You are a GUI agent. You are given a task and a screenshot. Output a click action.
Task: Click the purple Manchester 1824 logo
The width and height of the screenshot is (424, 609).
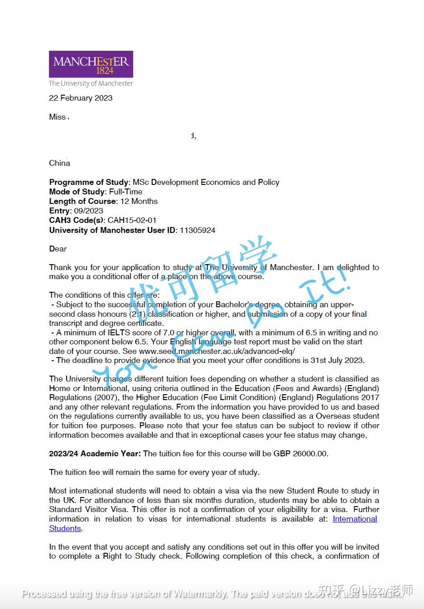coord(91,64)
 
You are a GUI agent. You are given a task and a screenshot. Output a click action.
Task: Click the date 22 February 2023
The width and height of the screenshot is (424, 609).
coord(81,98)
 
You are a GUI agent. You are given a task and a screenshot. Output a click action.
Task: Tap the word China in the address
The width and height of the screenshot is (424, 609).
coord(59,163)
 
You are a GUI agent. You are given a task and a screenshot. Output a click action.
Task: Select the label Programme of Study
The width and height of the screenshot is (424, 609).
coord(89,182)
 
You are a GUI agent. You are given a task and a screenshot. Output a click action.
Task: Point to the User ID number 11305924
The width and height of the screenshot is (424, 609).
coord(198,230)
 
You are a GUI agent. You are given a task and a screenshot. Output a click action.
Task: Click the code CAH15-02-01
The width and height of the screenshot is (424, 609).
coord(132,220)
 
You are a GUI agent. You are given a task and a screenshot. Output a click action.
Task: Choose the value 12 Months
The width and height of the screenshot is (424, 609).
coord(139,201)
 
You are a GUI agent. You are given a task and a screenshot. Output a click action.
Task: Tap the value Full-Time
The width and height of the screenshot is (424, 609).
coord(125,192)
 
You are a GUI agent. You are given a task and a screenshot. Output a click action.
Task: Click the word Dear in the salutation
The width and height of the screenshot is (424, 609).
coord(58,249)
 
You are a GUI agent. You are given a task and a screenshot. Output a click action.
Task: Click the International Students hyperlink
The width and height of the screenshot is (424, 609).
coord(355,519)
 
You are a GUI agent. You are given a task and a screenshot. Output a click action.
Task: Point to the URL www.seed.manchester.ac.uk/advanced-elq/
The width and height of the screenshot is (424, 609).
coord(217,351)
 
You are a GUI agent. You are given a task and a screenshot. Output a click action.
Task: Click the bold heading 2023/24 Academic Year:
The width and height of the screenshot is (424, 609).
coord(95,454)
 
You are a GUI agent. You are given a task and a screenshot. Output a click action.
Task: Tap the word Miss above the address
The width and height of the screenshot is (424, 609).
coord(57,117)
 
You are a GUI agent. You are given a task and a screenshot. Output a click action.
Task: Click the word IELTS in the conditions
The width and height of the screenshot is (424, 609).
coord(119,333)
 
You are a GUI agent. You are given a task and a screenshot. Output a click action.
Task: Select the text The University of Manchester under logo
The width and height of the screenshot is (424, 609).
coord(91,83)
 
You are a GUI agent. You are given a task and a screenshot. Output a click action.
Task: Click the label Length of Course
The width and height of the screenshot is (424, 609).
coord(82,201)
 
